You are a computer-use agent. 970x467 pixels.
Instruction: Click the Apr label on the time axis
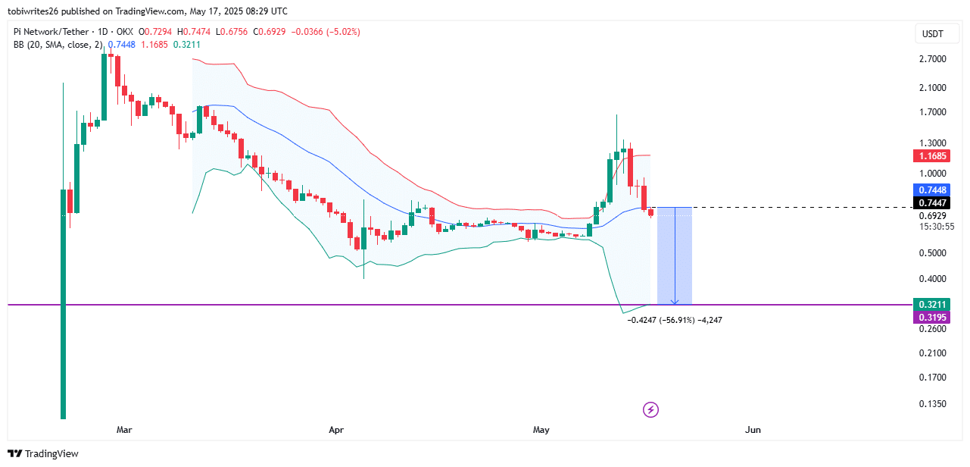tap(337, 430)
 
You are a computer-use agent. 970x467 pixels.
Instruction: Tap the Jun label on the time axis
tap(753, 430)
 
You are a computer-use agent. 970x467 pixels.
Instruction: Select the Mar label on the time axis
tap(124, 430)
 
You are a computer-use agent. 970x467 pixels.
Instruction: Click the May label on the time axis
tap(541, 430)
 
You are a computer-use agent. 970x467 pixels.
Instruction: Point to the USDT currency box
tap(933, 34)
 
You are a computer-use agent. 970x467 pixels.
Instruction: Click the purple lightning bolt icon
tap(650, 410)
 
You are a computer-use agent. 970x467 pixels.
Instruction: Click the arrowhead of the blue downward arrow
tap(674, 302)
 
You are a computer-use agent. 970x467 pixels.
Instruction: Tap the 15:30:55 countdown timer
tap(933, 226)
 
